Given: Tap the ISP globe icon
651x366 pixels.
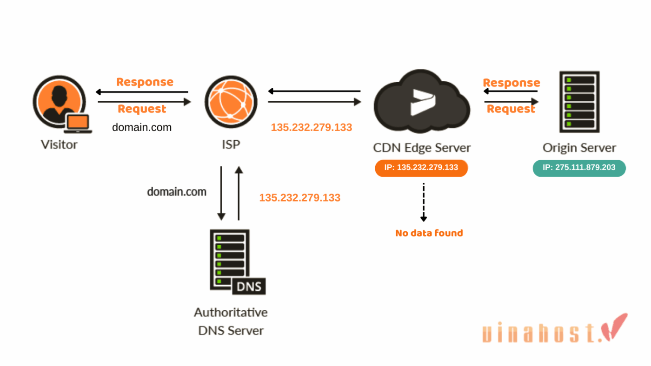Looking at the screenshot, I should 231,102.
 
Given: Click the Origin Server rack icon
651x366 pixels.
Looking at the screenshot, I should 579,102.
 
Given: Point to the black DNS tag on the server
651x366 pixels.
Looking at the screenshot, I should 249,286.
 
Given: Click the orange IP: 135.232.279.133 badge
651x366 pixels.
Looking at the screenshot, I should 421,168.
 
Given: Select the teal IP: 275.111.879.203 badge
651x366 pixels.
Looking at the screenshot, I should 579,168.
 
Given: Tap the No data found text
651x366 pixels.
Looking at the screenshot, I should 429,233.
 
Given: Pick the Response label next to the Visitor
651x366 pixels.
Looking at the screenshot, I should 145,82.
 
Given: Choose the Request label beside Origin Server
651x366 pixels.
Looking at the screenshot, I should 511,109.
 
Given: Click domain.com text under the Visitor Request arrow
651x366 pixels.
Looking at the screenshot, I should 142,127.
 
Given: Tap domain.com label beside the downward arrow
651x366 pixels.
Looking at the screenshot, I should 177,191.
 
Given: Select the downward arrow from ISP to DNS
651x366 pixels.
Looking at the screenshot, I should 221,193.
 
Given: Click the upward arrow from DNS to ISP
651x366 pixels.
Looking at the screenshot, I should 239,193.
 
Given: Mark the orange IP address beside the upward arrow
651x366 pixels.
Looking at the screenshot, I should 300,198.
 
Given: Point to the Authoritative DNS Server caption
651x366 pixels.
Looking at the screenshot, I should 231,321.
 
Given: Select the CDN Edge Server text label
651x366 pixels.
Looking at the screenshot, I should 422,148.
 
